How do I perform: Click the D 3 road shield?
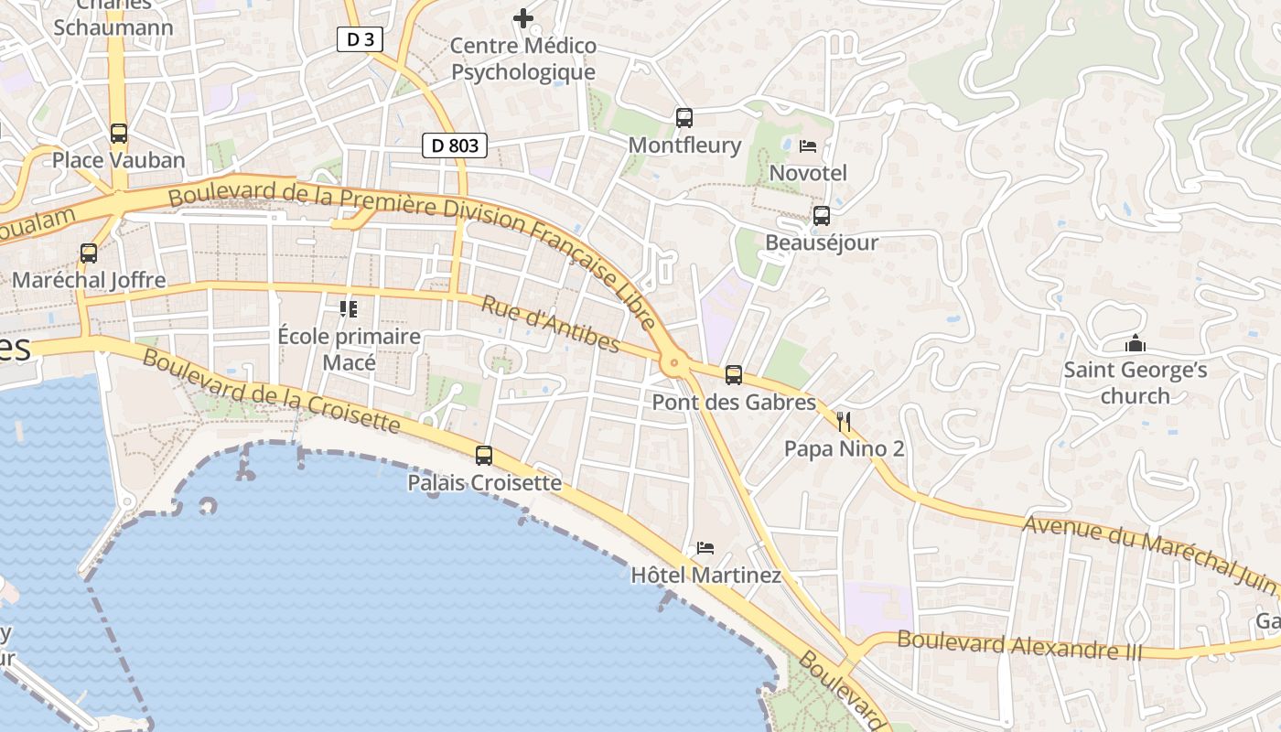click(360, 39)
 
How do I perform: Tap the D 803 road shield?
click(455, 145)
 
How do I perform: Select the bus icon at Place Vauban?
click(119, 134)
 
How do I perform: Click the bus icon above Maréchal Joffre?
click(89, 253)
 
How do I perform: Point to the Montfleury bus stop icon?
click(684, 118)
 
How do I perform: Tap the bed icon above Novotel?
click(808, 146)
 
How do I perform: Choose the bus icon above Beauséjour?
click(822, 216)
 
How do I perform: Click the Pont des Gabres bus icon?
click(734, 375)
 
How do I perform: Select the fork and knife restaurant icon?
click(844, 422)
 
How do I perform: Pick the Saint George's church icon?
click(1136, 344)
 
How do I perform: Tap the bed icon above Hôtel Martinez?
click(705, 548)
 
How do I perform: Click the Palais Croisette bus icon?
click(484, 455)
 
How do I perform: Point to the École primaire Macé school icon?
click(349, 309)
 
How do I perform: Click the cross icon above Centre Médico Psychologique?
click(523, 17)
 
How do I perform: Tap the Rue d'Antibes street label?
click(551, 325)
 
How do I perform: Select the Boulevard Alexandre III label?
click(1019, 645)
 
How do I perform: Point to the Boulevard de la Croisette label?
click(271, 391)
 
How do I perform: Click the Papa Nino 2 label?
click(845, 449)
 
